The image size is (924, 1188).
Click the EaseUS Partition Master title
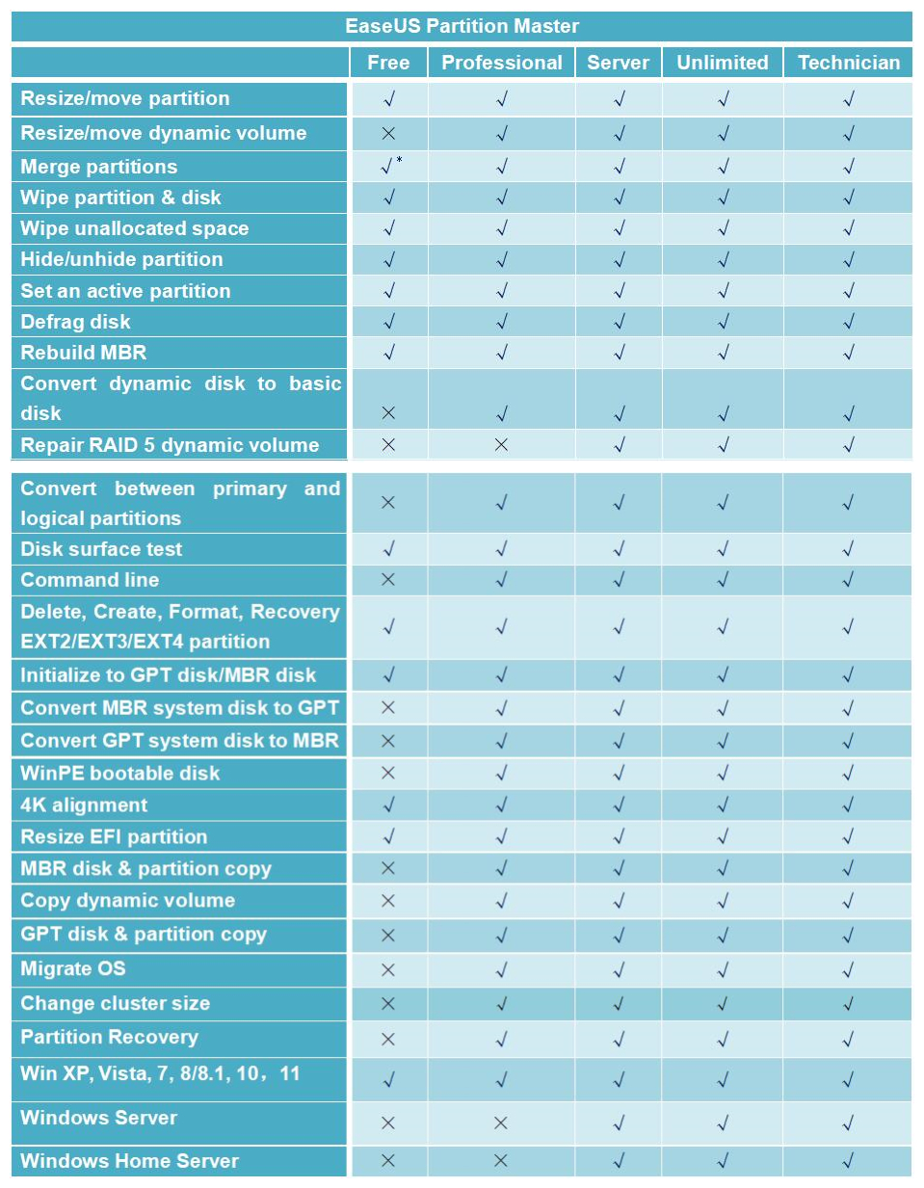click(462, 26)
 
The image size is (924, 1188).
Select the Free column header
click(388, 63)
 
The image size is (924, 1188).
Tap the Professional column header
click(501, 63)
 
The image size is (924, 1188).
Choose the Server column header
click(618, 63)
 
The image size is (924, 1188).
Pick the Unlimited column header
click(722, 63)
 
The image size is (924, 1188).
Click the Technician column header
click(848, 63)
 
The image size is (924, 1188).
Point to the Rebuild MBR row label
click(84, 353)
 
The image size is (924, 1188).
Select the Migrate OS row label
click(73, 968)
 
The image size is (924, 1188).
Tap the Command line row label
click(90, 580)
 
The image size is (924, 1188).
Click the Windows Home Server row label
click(129, 1161)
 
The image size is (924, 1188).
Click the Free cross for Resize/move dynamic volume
click(388, 133)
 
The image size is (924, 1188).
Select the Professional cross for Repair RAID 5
click(501, 445)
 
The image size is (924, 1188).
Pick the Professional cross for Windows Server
click(501, 1122)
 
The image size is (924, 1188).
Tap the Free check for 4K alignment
click(388, 805)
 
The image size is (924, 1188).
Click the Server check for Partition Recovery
click(619, 1039)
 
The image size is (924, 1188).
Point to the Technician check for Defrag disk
click(848, 322)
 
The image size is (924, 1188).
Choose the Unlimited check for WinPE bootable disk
click(723, 773)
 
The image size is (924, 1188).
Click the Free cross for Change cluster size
click(388, 1004)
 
